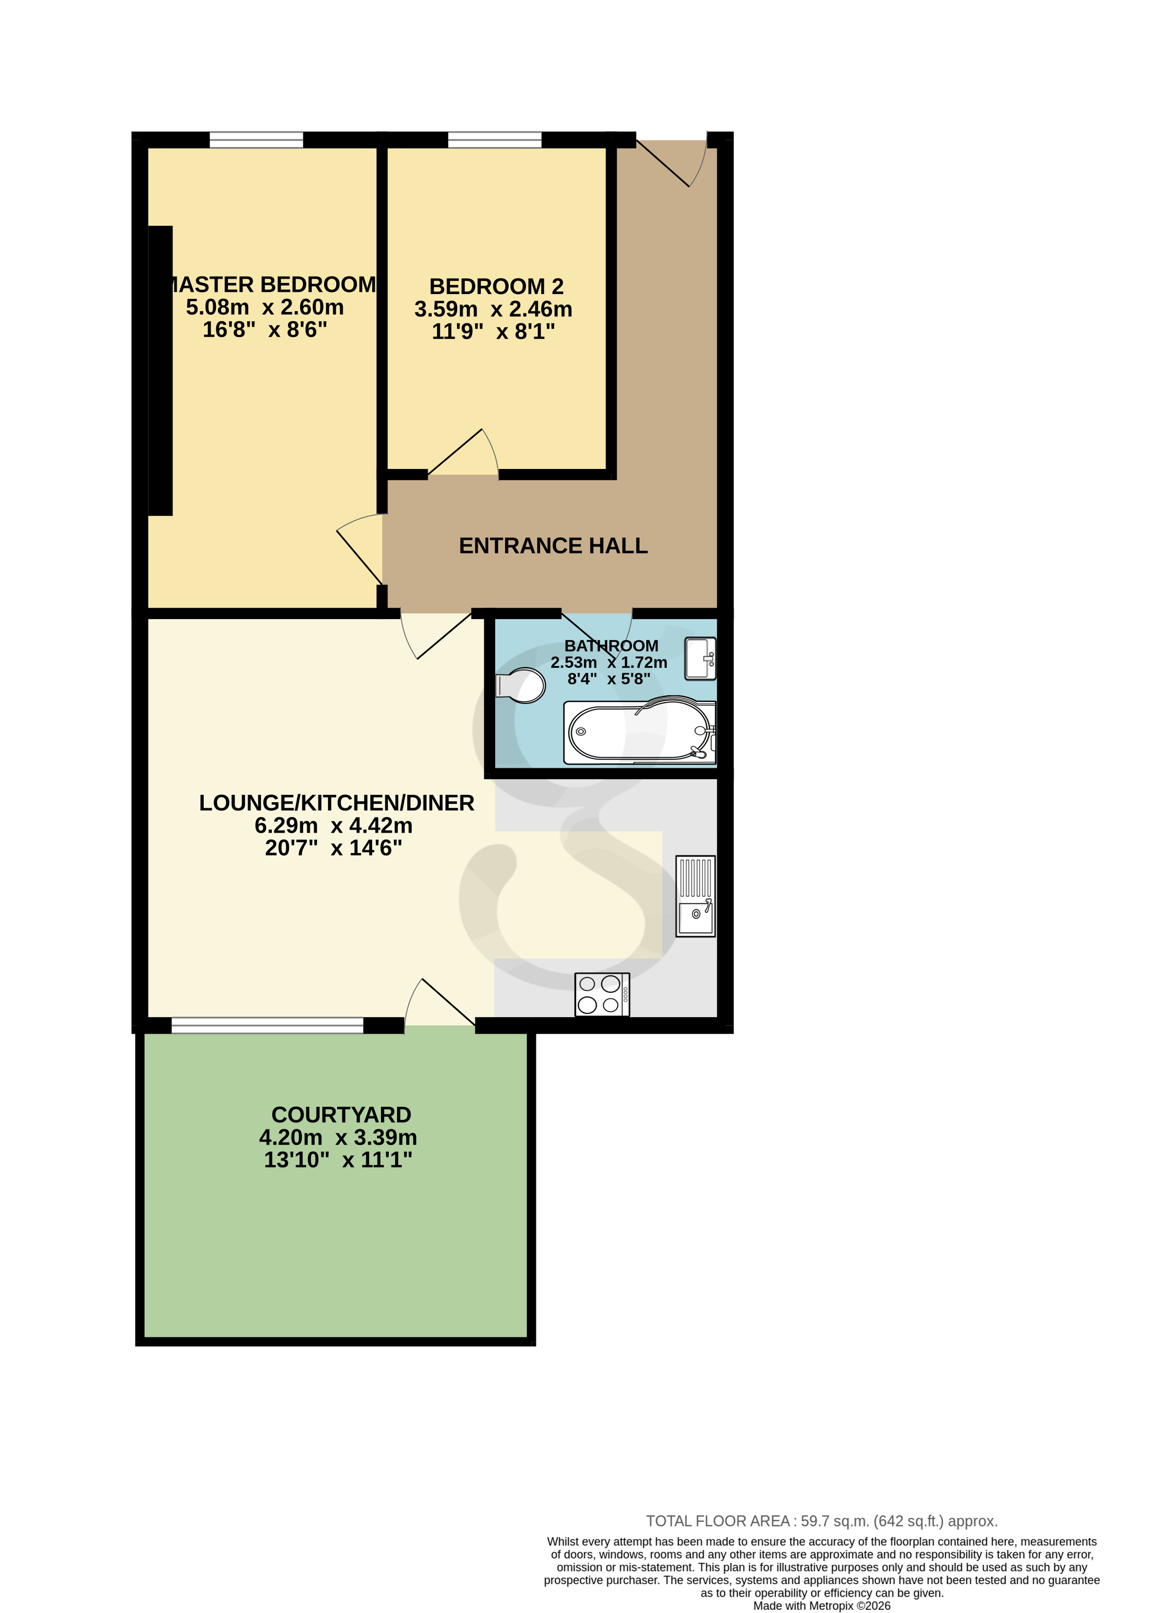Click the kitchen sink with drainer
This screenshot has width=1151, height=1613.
695,896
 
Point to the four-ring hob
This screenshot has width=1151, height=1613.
602,994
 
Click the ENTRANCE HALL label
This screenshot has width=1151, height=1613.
553,546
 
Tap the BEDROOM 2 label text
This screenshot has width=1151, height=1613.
496,286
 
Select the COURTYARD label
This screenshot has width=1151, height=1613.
341,1115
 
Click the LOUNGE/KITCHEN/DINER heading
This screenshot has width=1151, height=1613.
337,803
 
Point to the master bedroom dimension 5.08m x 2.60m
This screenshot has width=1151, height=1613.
265,308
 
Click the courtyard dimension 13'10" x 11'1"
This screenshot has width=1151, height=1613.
338,1160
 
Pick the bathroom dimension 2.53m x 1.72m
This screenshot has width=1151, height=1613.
609,662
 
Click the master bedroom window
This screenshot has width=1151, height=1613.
256,140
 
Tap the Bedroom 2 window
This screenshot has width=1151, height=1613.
495,140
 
